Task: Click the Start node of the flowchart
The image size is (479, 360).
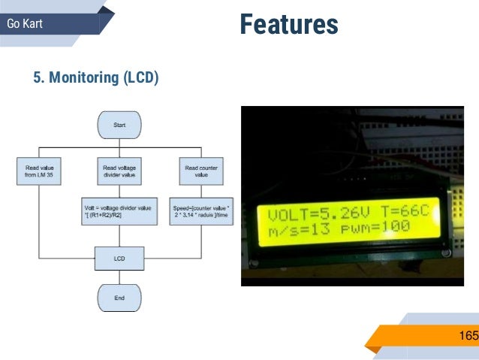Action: click(119, 125)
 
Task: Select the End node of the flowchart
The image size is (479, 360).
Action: click(119, 298)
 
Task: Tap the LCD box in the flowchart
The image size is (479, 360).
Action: click(119, 259)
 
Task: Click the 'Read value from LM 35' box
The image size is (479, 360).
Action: click(38, 171)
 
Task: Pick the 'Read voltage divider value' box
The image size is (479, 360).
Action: click(119, 171)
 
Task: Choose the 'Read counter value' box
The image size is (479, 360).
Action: click(200, 171)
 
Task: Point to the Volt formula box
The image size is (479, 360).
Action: click(119, 211)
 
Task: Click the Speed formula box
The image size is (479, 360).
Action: click(200, 211)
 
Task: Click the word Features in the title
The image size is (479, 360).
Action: click(289, 25)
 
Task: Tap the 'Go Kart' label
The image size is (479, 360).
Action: click(25, 24)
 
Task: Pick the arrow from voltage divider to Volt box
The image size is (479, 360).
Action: click(119, 190)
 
